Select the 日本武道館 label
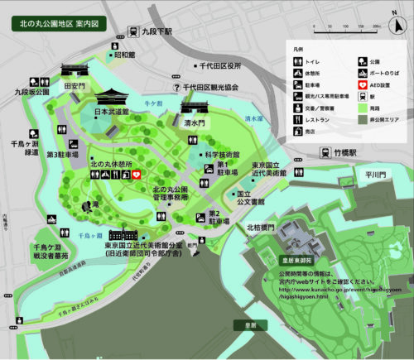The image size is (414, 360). tap(112, 111)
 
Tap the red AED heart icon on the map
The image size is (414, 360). tap(137, 175)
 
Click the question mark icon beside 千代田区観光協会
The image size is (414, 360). tap(176, 87)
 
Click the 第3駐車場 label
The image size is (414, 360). tap(61, 154)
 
